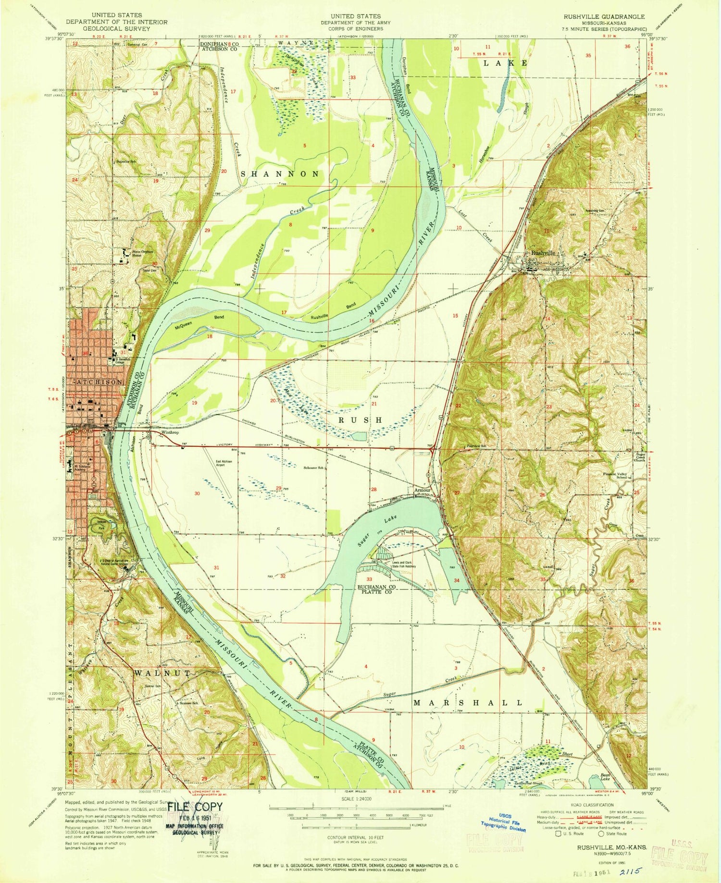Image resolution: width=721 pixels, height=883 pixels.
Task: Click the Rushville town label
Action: click(543, 253)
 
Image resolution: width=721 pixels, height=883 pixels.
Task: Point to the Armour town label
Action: click(421, 491)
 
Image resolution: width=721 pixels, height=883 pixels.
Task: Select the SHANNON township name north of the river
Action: click(283, 174)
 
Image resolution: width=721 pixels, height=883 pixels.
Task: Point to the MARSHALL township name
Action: click(468, 702)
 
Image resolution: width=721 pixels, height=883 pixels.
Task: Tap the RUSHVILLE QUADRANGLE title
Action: click(604, 16)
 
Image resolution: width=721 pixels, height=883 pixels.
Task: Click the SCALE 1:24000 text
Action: click(356, 798)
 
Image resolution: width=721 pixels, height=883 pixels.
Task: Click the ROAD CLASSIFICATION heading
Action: click(589, 805)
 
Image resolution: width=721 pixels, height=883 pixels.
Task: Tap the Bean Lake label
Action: click(607, 778)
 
